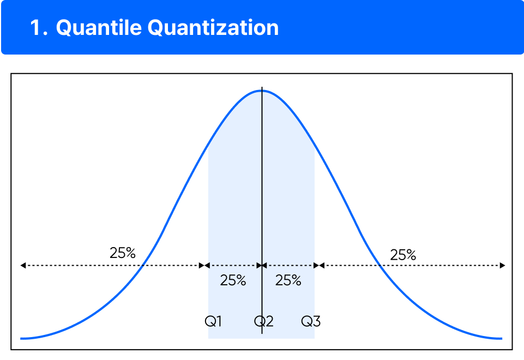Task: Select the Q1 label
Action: tap(213, 321)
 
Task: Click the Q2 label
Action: tap(263, 321)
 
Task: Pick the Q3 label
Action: tap(311, 321)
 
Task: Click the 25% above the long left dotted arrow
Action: tap(122, 253)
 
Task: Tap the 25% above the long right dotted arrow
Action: tap(403, 255)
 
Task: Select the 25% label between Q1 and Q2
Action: tap(233, 280)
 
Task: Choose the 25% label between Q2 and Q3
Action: tap(288, 280)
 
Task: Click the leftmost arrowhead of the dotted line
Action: tap(23, 266)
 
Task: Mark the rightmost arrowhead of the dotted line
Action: tap(502, 266)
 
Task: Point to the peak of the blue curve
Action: tap(262, 91)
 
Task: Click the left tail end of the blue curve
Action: tap(22, 338)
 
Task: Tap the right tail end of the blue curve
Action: tap(501, 338)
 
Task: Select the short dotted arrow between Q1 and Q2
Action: tap(233, 266)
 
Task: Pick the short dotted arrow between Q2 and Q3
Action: tap(289, 266)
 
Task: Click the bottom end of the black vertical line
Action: tap(262, 333)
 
